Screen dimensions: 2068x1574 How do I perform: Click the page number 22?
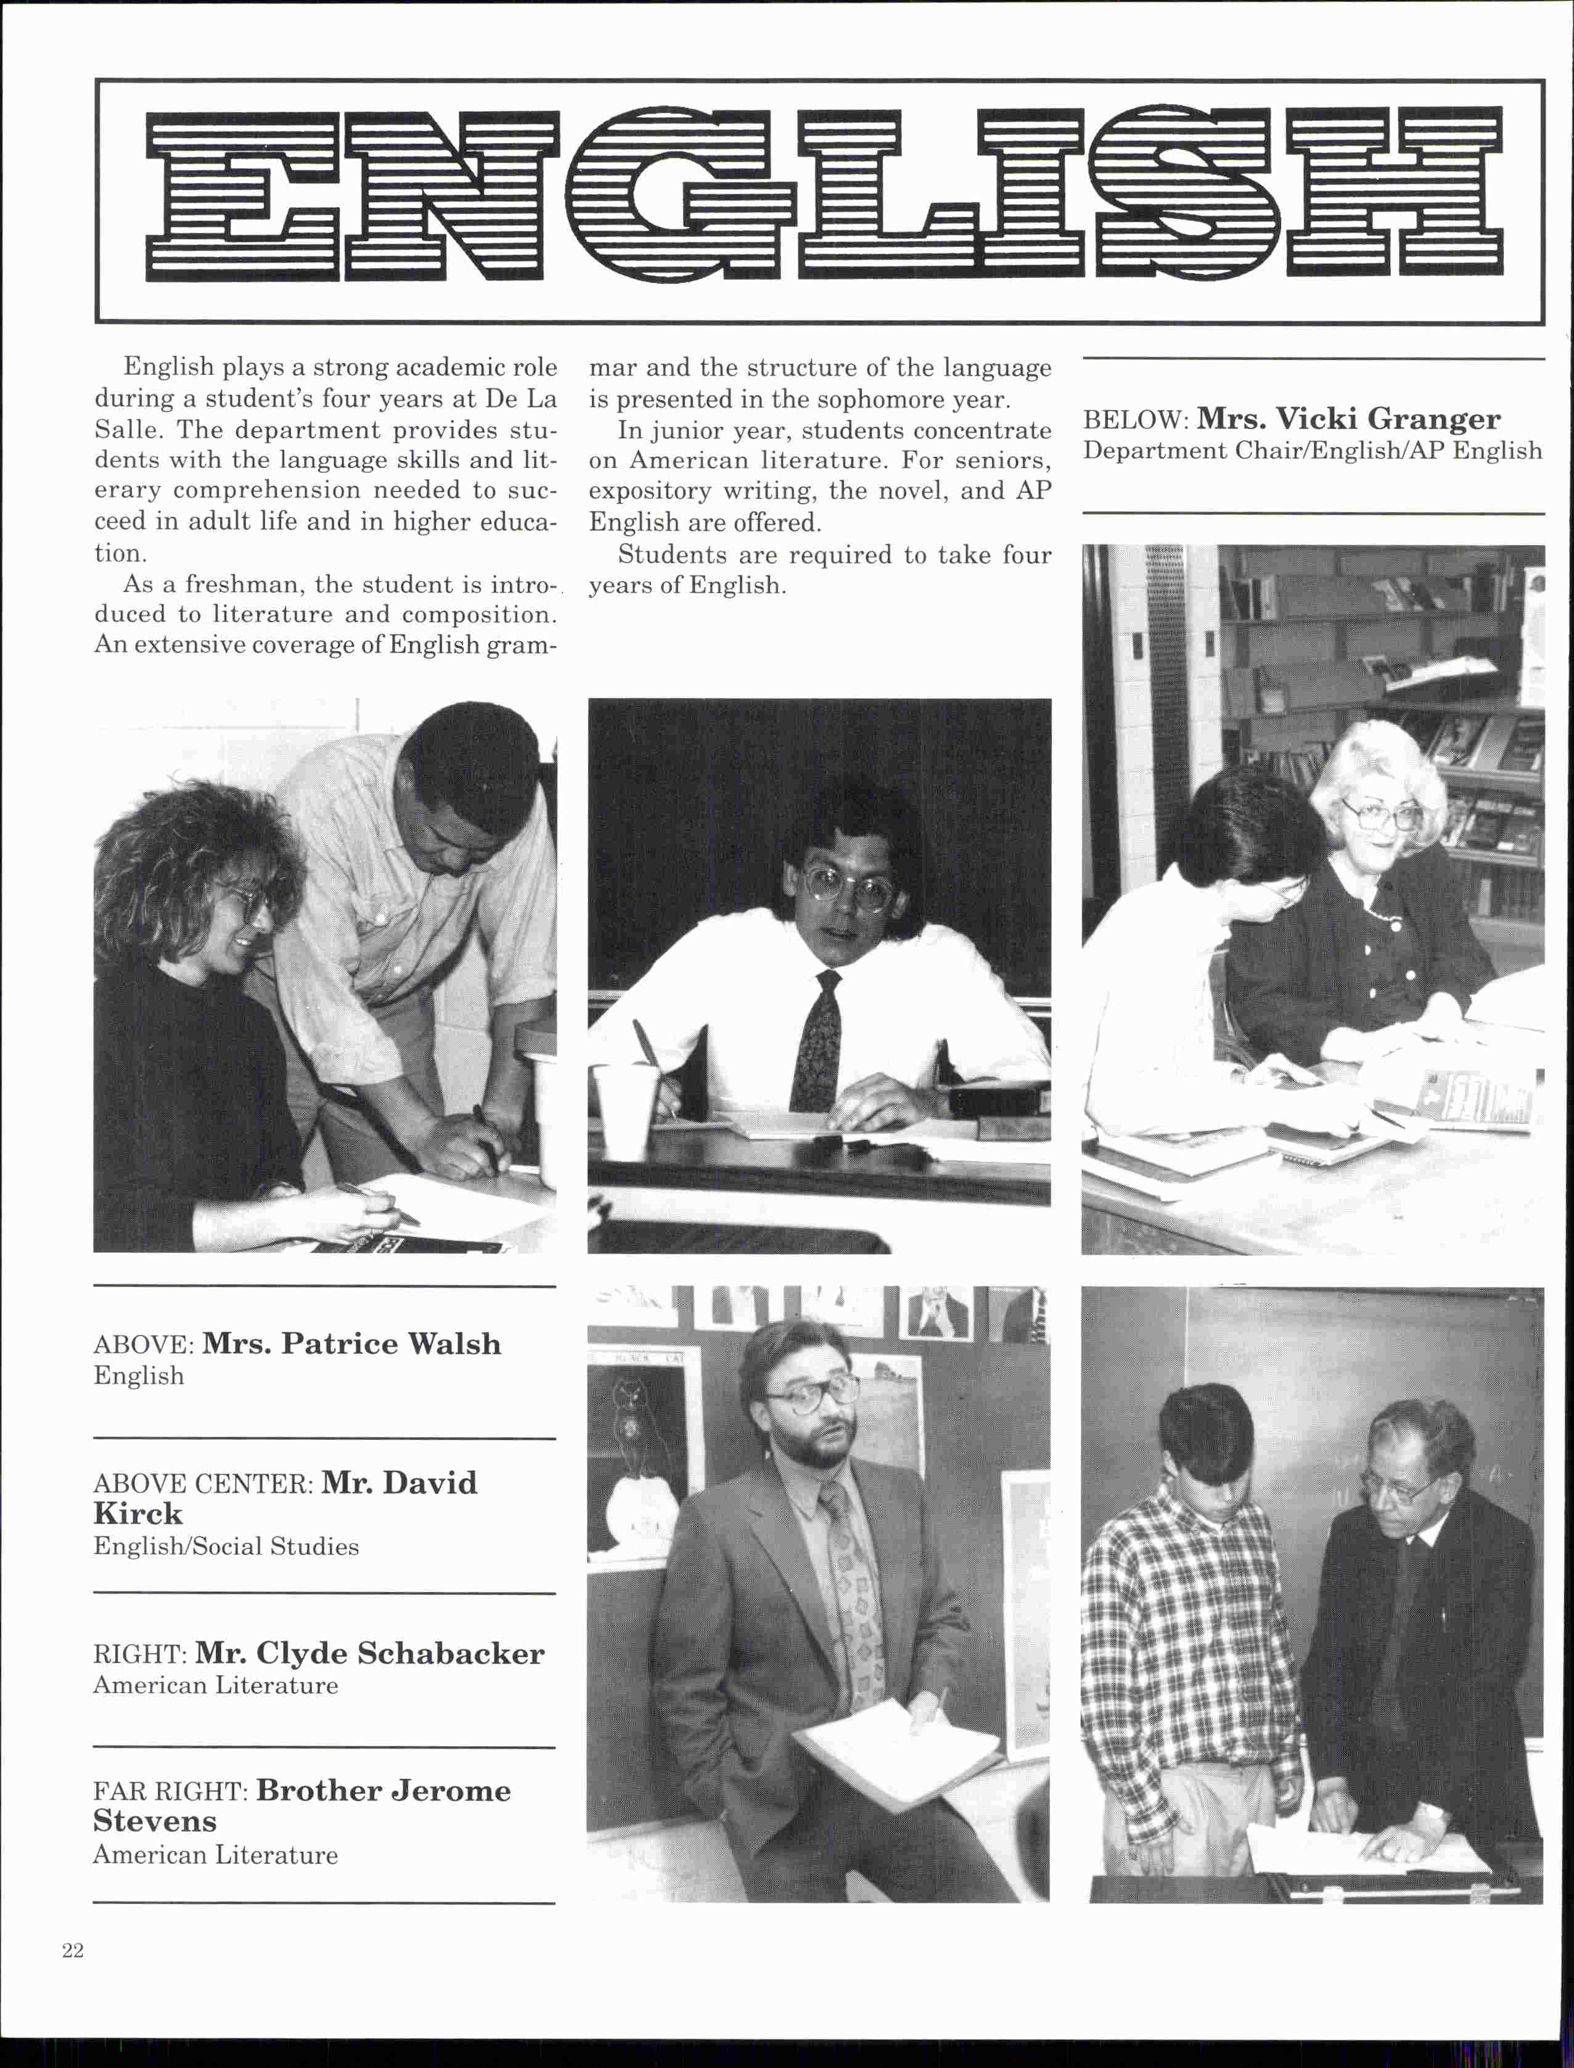click(73, 1951)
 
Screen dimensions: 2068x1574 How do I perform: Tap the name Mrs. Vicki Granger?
click(1348, 418)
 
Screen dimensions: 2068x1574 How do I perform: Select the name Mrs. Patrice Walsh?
click(351, 1344)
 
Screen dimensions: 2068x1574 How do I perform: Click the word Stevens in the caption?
click(155, 1821)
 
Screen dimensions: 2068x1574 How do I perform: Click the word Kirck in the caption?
click(137, 1513)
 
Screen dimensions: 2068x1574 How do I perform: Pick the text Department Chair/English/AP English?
click(1312, 451)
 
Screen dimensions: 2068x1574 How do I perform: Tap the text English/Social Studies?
click(226, 1546)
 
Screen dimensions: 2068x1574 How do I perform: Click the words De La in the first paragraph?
click(520, 398)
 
